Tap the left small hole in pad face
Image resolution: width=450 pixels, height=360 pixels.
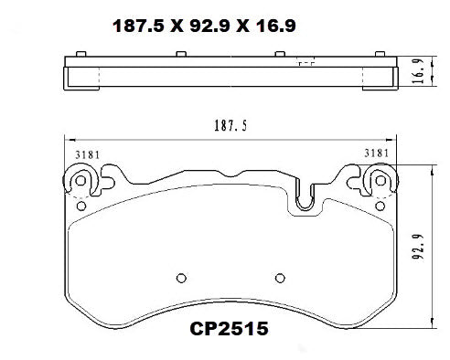point(180,279)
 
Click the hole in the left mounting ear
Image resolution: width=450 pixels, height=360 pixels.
point(80,181)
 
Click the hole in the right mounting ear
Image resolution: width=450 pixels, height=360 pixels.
point(379,181)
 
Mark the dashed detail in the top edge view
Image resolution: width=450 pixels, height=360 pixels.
point(306,64)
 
